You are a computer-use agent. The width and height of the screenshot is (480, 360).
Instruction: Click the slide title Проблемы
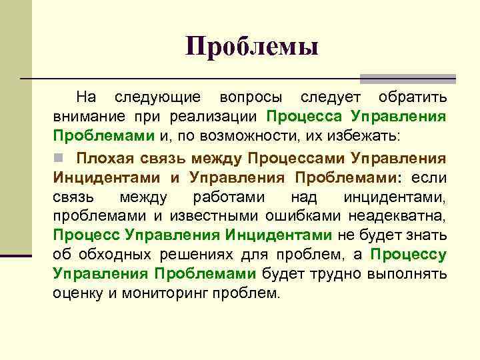[x=253, y=47]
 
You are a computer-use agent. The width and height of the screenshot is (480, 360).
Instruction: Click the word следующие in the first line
[x=157, y=97]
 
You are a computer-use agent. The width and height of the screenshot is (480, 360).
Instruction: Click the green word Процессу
[x=408, y=255]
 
